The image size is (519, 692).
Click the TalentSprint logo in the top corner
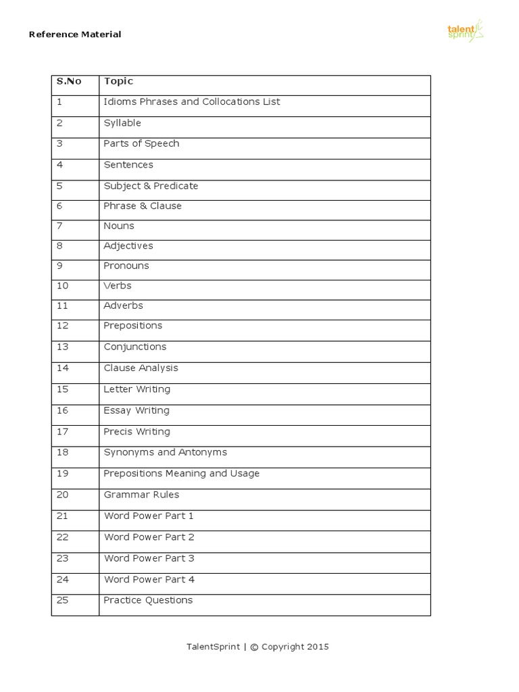[x=466, y=31]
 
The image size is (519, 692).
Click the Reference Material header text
[x=75, y=34]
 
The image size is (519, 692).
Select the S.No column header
[x=69, y=82]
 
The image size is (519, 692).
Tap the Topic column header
[x=118, y=82]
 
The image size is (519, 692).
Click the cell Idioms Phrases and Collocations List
[x=191, y=102]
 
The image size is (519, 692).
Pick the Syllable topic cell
[x=122, y=123]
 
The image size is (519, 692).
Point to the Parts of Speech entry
[x=141, y=144]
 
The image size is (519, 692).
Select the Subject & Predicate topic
[x=151, y=186]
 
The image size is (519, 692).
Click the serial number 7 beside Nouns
[x=59, y=226]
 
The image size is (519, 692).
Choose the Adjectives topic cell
[x=128, y=246]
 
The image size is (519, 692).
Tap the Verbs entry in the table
[x=118, y=286]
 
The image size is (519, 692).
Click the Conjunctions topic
[x=134, y=347]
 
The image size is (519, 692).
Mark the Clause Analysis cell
[x=141, y=368]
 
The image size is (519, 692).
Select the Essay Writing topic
[x=137, y=411]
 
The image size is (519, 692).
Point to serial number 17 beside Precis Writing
[x=62, y=432]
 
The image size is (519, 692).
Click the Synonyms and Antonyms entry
[x=165, y=453]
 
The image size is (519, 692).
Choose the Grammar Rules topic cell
[x=141, y=495]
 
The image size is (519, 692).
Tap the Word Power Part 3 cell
[x=149, y=558]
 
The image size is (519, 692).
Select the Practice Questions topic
[x=148, y=600]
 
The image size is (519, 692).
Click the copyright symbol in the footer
[x=254, y=647]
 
